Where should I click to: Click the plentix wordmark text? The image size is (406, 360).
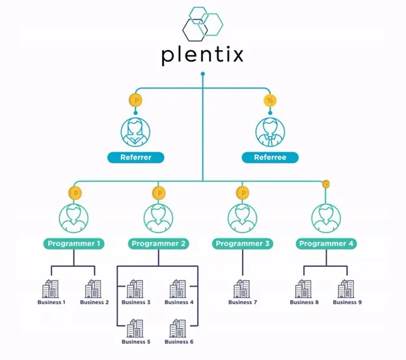coord(202,55)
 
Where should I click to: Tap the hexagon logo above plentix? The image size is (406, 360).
coord(203,24)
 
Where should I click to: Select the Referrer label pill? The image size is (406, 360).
coord(136,158)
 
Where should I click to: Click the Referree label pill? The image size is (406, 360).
coord(270,158)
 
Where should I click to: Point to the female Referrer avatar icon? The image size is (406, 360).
coord(135,132)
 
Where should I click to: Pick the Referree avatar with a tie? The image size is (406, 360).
coord(270,132)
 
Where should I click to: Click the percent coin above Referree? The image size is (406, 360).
coord(270,100)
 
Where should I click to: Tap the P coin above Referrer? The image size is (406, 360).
coord(135,100)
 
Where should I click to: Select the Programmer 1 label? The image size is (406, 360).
coord(74,243)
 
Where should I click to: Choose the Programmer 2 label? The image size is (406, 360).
coord(159,243)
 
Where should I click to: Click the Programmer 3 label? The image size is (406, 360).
coord(243,243)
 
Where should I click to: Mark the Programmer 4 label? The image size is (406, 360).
coord(326,243)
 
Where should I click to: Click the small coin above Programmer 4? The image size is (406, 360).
coord(326,184)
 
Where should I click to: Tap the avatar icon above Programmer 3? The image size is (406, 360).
coord(243,218)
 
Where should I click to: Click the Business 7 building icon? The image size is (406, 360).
coord(241,288)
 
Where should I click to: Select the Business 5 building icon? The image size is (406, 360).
coord(135,328)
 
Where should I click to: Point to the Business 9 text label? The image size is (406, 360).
coord(347,302)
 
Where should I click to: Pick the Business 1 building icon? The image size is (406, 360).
coord(50,288)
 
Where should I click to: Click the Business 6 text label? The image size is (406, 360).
coord(179,342)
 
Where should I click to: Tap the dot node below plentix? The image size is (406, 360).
coord(203,74)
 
